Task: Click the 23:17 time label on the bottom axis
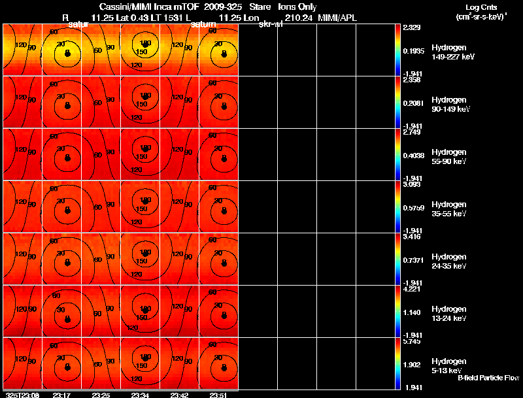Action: (61, 395)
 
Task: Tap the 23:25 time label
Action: (101, 395)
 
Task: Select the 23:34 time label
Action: (141, 395)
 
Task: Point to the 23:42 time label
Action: (179, 395)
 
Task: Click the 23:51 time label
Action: (219, 395)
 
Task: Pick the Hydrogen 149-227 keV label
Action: (450, 52)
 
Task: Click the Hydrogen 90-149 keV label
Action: (449, 105)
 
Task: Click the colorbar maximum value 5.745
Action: (413, 342)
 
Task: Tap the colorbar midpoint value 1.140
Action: (413, 312)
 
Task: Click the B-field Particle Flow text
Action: (488, 378)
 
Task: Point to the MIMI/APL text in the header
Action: (338, 18)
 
